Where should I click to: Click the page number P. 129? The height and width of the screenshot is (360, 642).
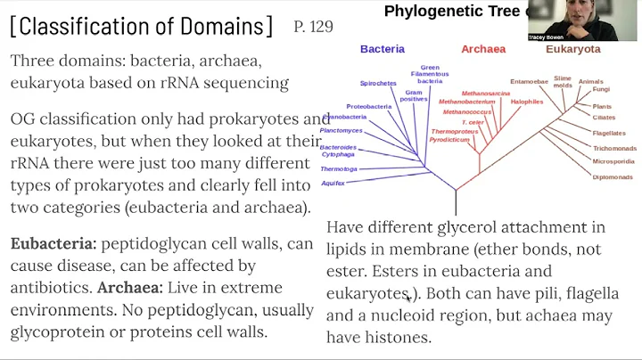pyautogui.click(x=313, y=27)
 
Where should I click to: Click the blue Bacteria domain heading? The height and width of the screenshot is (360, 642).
pyautogui.click(x=383, y=50)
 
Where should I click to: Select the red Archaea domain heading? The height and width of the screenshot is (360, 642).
pyautogui.click(x=483, y=50)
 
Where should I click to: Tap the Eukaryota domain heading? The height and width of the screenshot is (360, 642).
pyautogui.click(x=573, y=50)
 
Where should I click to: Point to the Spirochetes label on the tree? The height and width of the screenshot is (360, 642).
pyautogui.click(x=378, y=83)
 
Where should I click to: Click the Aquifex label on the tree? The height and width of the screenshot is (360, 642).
pyautogui.click(x=333, y=183)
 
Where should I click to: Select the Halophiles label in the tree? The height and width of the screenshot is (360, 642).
pyautogui.click(x=527, y=102)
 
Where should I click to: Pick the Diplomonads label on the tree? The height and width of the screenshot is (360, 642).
pyautogui.click(x=612, y=176)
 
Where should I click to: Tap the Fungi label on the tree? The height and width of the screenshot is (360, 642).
pyautogui.click(x=602, y=89)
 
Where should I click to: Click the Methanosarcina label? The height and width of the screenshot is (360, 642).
pyautogui.click(x=486, y=93)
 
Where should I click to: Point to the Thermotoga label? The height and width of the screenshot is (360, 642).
pyautogui.click(x=339, y=168)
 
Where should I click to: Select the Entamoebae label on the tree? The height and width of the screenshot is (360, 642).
pyautogui.click(x=529, y=82)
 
